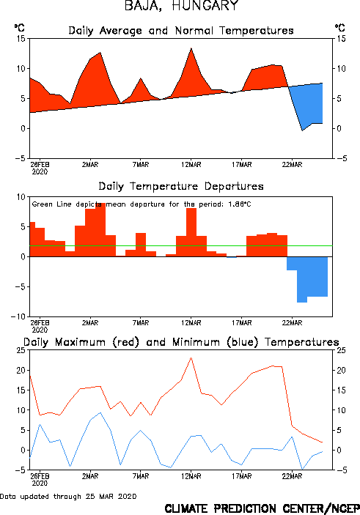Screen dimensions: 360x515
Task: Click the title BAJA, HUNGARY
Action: pyautogui.click(x=181, y=5)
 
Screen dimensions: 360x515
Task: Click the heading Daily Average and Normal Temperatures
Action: pyautogui.click(x=181, y=31)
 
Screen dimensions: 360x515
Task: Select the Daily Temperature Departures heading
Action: pyautogui.click(x=181, y=186)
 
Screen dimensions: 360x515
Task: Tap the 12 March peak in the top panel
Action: pyautogui.click(x=191, y=48)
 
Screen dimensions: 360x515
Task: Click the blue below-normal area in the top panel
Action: pyautogui.click(x=309, y=105)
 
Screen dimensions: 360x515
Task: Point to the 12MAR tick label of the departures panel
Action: pyautogui.click(x=191, y=323)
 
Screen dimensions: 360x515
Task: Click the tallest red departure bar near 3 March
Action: pyautogui.click(x=100, y=229)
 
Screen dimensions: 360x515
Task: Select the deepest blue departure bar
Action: pyautogui.click(x=302, y=280)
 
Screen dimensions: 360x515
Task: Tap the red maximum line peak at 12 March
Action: pyautogui.click(x=191, y=358)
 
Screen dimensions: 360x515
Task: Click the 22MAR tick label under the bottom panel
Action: pyautogui.click(x=292, y=476)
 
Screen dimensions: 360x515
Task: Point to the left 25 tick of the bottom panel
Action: pyautogui.click(x=21, y=350)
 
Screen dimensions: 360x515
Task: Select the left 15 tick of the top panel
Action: pyautogui.click(x=21, y=39)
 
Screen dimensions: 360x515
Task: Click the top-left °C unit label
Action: pyautogui.click(x=19, y=27)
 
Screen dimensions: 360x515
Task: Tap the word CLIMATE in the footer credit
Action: pyautogui.click(x=186, y=508)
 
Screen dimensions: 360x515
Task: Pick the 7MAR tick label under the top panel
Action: pyautogui.click(x=141, y=165)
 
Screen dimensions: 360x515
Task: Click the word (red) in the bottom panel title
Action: pyautogui.click(x=126, y=342)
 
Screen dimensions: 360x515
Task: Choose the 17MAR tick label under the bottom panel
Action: pyautogui.click(x=242, y=476)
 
